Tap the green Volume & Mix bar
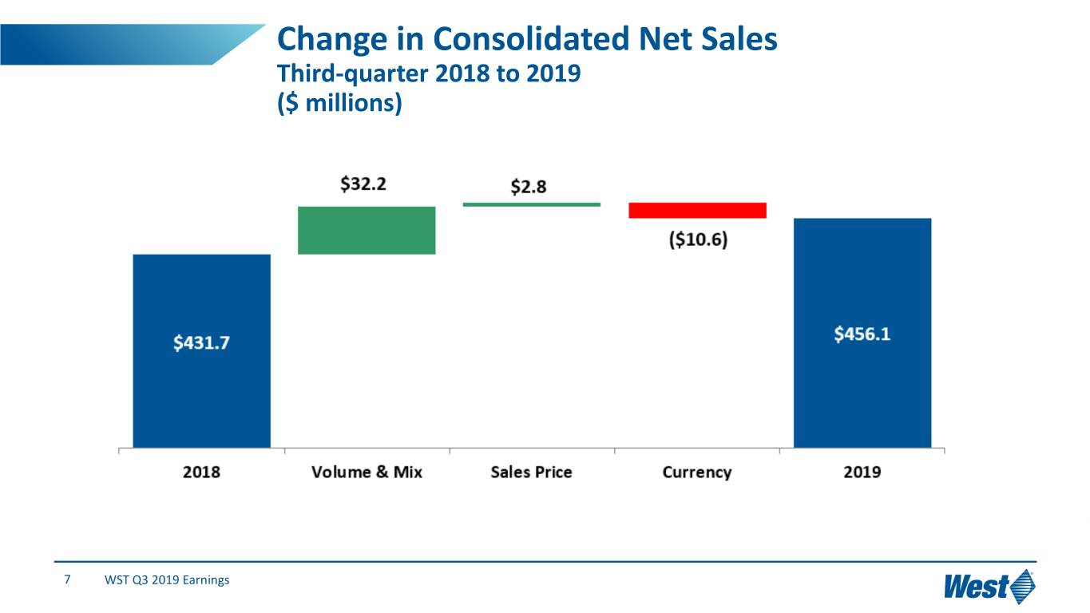[367, 230]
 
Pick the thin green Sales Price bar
[531, 204]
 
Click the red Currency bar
[697, 210]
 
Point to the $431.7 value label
[200, 343]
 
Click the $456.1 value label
[862, 334]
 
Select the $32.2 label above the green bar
[363, 184]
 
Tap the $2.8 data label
[529, 187]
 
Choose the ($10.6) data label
[697, 241]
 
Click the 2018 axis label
[201, 472]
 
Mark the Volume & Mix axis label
[367, 472]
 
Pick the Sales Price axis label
[531, 472]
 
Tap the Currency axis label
[696, 472]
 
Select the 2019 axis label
[862, 472]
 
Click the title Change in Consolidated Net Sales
[526, 40]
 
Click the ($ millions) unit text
[339, 104]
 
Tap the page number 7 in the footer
[68, 579]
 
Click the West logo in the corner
[989, 587]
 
